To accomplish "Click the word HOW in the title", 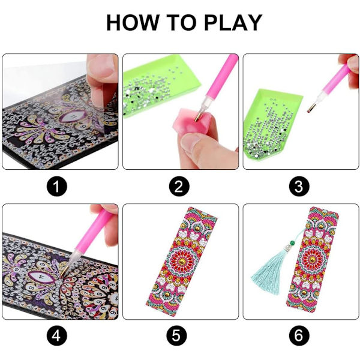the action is click(x=133, y=23).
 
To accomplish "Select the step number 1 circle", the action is click(x=57, y=186).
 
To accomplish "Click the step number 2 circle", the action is click(x=179, y=186).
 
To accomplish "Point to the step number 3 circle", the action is click(x=299, y=186).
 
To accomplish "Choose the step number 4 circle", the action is click(x=57, y=336).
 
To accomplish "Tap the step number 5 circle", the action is click(x=176, y=336).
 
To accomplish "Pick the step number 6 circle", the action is click(x=299, y=336).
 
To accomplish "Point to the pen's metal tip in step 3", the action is click(x=311, y=108).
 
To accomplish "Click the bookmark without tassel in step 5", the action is click(x=181, y=261).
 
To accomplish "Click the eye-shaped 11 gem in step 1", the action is click(x=73, y=117).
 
